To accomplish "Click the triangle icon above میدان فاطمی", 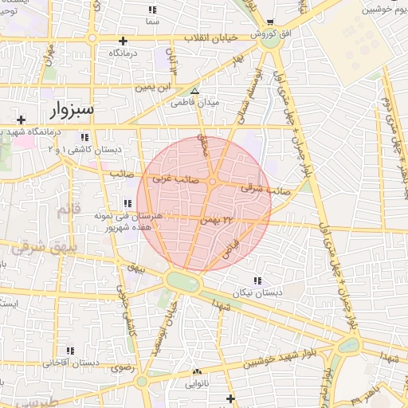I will (195, 91).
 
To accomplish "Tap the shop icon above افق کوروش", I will (270, 22).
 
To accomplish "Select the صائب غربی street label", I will (170, 180).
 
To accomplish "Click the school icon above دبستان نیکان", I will (256, 280).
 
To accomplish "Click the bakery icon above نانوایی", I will (197, 371).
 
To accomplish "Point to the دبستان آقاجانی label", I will (71, 363).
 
